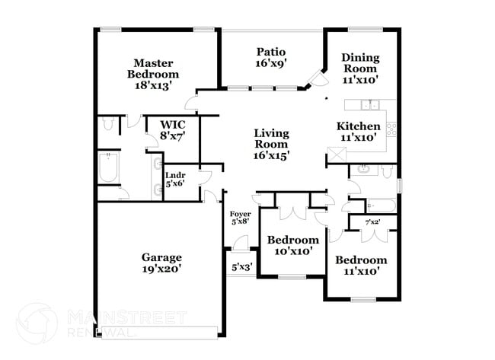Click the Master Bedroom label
(x=152, y=74)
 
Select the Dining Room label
(x=359, y=68)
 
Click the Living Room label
(x=271, y=144)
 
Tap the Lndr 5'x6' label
(x=175, y=180)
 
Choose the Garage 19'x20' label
(x=161, y=263)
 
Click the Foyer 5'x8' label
(x=240, y=218)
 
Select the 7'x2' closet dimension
(x=372, y=221)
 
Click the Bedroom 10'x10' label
(x=292, y=245)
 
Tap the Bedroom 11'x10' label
(x=357, y=263)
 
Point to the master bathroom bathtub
(x=107, y=168)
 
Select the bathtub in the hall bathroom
(x=379, y=205)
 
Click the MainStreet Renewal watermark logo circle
(x=36, y=322)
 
